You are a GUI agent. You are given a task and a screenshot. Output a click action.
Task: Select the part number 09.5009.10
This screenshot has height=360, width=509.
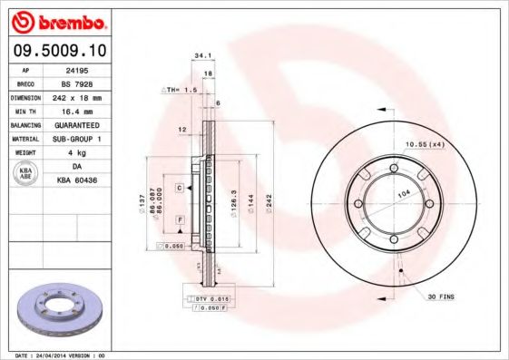(x=58, y=50)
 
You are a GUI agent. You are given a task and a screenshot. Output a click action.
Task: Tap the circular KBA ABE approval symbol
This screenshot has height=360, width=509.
(x=26, y=172)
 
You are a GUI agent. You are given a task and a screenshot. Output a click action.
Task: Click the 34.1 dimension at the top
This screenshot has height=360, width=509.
(x=200, y=56)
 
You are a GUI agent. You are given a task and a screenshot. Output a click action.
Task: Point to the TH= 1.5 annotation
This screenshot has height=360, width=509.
(x=181, y=91)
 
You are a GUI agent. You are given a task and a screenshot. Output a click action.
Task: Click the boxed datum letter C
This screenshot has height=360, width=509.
(x=180, y=187)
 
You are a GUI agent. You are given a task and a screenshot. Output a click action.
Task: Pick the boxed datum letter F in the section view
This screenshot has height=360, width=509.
(x=181, y=220)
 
